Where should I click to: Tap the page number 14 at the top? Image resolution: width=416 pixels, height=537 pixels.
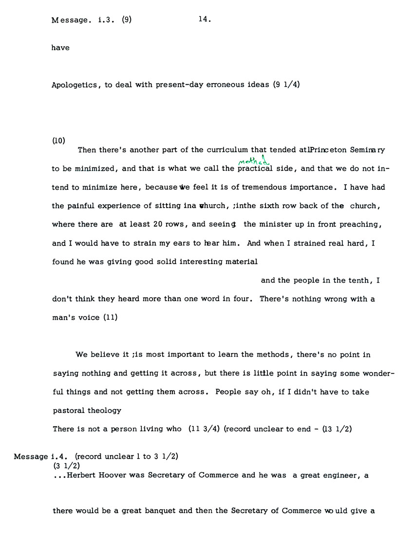pyautogui.click(x=204, y=19)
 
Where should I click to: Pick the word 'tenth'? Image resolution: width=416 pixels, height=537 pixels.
pyautogui.click(x=359, y=281)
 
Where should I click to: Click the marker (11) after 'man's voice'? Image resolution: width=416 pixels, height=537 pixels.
pyautogui.click(x=110, y=318)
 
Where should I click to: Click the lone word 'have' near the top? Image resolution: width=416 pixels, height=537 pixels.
pyautogui.click(x=60, y=48)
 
